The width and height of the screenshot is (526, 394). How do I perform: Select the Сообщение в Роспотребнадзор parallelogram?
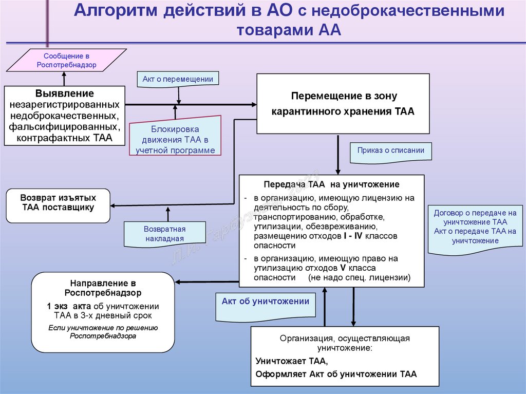[66, 60]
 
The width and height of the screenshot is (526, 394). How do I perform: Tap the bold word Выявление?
[65, 93]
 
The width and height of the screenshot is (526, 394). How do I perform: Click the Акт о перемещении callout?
[178, 79]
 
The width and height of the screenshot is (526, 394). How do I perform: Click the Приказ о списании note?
[391, 151]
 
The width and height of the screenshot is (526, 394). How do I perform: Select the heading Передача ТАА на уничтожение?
[331, 184]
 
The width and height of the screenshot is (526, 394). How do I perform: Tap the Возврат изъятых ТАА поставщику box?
[58, 202]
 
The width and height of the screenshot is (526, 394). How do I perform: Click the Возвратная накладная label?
[164, 234]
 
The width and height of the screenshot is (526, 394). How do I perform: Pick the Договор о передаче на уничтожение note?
[474, 217]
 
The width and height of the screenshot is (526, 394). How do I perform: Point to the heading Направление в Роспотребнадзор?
[103, 288]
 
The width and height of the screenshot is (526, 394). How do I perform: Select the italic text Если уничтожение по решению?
[103, 328]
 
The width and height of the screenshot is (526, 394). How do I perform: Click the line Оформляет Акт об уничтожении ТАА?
[336, 374]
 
